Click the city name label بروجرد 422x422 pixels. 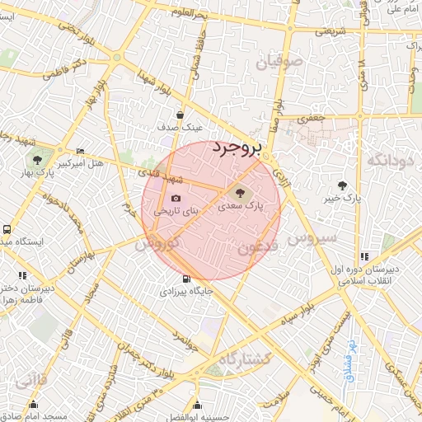click(x=236, y=148)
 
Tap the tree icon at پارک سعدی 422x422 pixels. click(x=249, y=193)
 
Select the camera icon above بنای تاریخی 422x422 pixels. click(x=176, y=198)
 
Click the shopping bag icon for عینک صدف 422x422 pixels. click(x=180, y=115)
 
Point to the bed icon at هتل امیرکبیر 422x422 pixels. click(x=80, y=152)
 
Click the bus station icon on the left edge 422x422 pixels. click(x=7, y=230)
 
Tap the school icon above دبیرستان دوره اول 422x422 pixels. click(x=364, y=257)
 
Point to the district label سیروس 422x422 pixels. click(x=312, y=238)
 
